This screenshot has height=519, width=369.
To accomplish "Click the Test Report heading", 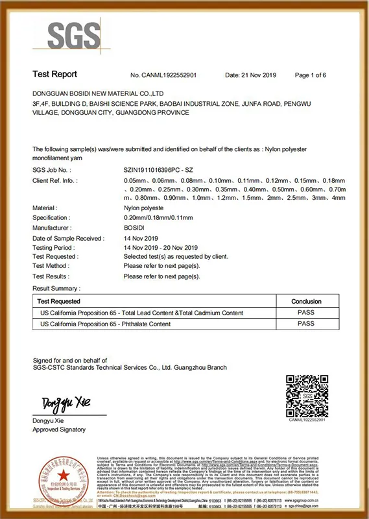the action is point(54,75).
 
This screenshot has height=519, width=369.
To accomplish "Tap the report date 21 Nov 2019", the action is point(250,75).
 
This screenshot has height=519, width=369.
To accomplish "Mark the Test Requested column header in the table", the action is point(59,301).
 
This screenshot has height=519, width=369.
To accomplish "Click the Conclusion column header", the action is point(305,301).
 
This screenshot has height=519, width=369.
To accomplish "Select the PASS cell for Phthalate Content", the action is point(305,323).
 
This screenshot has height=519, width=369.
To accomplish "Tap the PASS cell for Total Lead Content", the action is point(305,312).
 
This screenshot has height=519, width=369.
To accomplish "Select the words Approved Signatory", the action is point(59,429).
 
